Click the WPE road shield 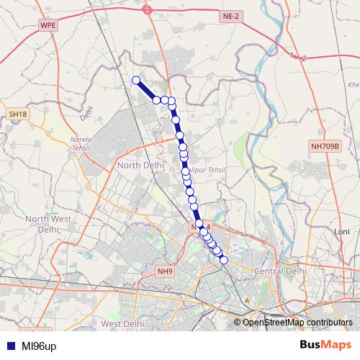48,24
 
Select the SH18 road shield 18,114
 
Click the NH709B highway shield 325,146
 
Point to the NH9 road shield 165,271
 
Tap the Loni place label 341,231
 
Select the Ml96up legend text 39,346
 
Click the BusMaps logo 325,346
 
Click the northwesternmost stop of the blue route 135,80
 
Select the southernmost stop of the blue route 223,260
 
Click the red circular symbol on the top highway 147,9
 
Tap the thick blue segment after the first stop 146,90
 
